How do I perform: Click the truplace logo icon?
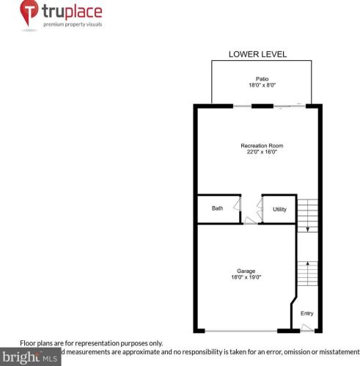[x=29, y=13]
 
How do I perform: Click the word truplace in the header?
[x=73, y=12]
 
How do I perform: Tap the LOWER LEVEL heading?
[x=257, y=54]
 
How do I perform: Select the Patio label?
[x=261, y=78]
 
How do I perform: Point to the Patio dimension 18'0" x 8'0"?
[x=261, y=85]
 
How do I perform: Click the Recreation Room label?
[x=262, y=146]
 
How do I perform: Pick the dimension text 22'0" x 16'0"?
[x=262, y=153]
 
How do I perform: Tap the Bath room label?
[x=217, y=208]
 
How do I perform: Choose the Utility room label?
[x=279, y=209]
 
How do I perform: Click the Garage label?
[x=246, y=271]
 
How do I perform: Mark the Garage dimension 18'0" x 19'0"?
[x=246, y=278]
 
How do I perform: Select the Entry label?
[x=306, y=313]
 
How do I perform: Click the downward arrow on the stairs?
[x=308, y=227]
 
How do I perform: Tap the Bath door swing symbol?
[x=237, y=205]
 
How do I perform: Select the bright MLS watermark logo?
[x=29, y=358]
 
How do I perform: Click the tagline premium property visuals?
[x=73, y=24]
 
